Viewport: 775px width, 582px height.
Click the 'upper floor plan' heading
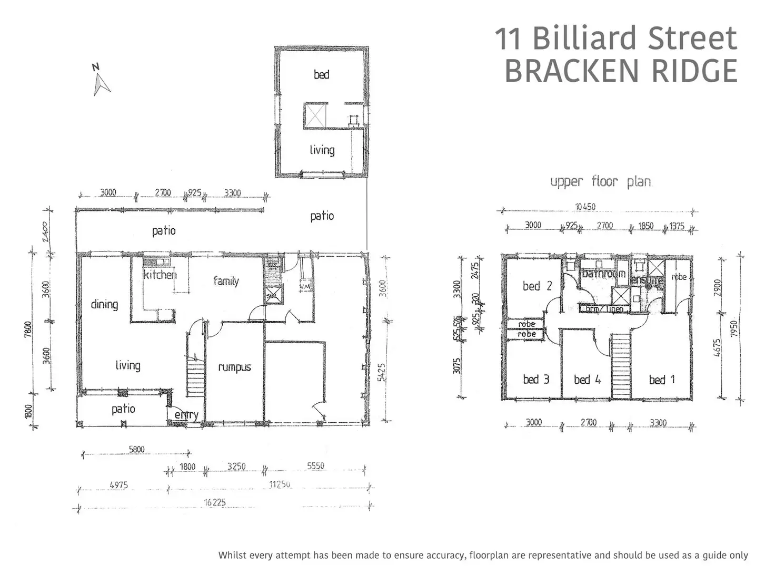tap(601, 182)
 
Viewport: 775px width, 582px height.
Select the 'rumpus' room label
tap(234, 367)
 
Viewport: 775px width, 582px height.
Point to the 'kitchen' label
tap(160, 275)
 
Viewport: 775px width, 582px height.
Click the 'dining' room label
tap(104, 304)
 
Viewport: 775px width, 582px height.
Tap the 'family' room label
tap(226, 281)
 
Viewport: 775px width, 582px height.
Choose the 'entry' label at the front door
tap(186, 415)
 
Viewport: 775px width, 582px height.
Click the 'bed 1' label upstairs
tap(661, 380)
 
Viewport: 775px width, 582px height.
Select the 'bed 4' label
tap(587, 380)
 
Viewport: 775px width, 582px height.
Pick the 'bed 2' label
tap(537, 286)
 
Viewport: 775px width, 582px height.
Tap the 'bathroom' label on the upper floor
tap(603, 274)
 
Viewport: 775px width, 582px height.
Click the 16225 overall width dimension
tap(215, 502)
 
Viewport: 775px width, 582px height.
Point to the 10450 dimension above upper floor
tap(585, 207)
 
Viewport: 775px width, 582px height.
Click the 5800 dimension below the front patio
tap(136, 450)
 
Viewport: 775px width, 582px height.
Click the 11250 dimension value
tap(280, 484)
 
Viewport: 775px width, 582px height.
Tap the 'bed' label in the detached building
tap(321, 75)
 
